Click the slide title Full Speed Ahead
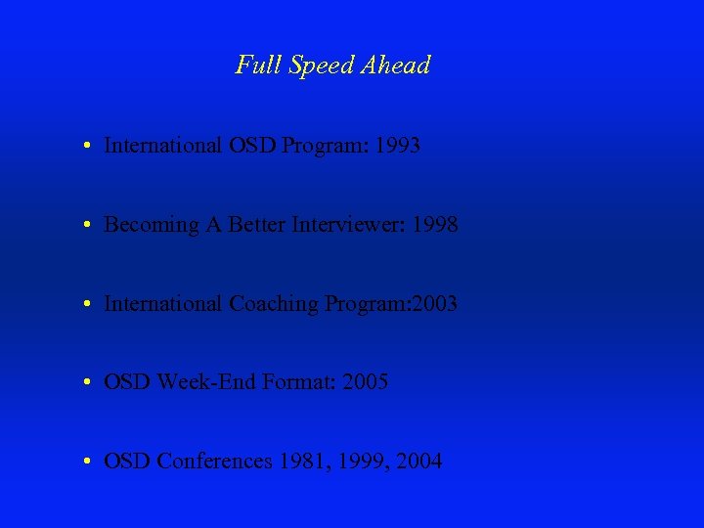tap(332, 66)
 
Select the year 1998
tap(434, 225)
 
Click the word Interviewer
tap(349, 225)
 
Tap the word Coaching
tap(274, 304)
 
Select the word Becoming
tap(151, 226)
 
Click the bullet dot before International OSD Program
tap(88, 147)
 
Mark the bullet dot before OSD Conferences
tap(88, 462)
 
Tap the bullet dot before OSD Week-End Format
tap(88, 383)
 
